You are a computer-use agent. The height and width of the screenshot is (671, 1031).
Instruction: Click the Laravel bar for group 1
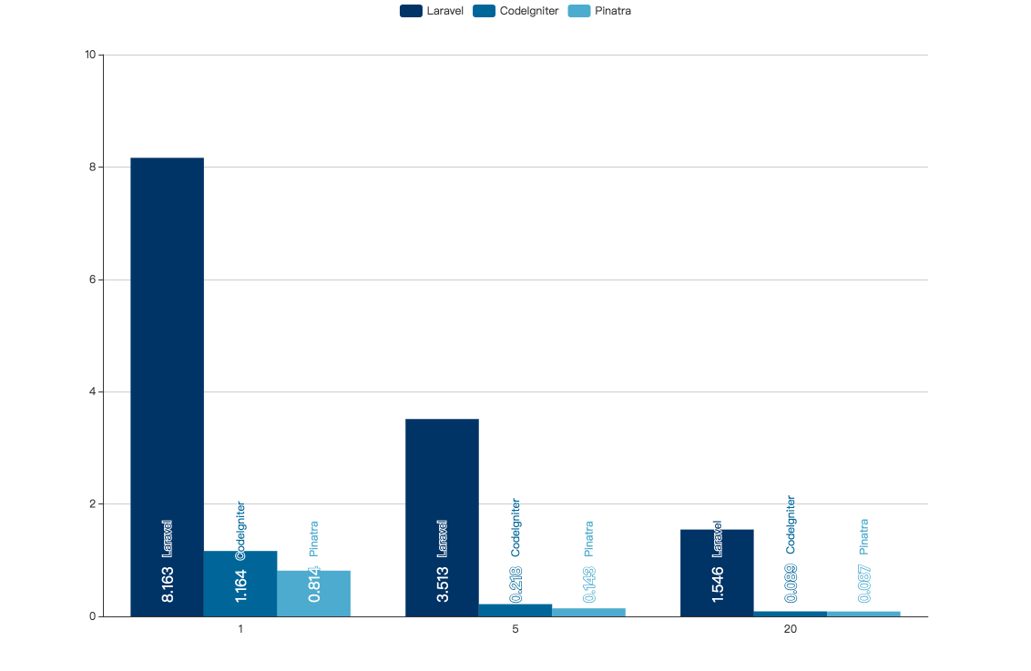pos(167,364)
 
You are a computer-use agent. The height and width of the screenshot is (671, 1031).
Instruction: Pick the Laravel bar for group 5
pos(442,492)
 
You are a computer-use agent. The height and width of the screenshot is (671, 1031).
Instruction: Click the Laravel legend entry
pos(433,11)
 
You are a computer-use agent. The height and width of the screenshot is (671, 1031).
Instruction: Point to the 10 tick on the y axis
pos(90,55)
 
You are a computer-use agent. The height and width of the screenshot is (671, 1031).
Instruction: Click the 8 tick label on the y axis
pos(92,168)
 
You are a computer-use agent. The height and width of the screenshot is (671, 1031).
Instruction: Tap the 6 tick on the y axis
pos(92,280)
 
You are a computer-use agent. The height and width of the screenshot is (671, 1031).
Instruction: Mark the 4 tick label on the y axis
pos(92,392)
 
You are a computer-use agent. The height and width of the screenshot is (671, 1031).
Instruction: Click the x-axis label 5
pos(515,630)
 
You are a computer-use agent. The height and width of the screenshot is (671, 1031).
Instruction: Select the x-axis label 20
pos(791,630)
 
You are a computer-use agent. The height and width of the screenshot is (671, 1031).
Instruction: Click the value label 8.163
pos(168,585)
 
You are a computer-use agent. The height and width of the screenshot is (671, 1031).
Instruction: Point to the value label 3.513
pos(443,585)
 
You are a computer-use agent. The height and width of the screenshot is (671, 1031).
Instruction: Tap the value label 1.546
pos(718,585)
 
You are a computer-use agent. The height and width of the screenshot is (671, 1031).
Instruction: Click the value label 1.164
pos(241,585)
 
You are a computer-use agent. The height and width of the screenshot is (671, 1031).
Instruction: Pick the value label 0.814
pos(314,585)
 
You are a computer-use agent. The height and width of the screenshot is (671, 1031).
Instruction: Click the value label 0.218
pos(516,585)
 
